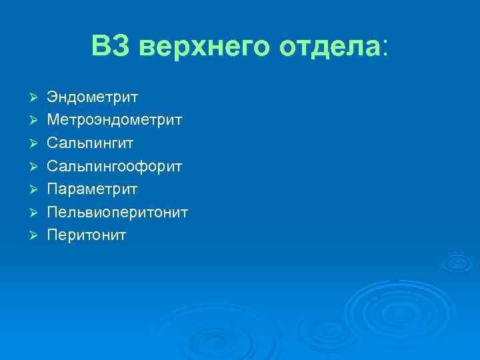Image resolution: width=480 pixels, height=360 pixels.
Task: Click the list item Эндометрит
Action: click(92, 97)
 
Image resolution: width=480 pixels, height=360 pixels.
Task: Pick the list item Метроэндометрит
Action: click(114, 121)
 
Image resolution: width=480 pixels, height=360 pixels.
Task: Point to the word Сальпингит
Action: click(91, 143)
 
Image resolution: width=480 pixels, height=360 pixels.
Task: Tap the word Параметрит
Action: click(92, 189)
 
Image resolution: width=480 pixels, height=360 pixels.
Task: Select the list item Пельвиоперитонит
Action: click(117, 212)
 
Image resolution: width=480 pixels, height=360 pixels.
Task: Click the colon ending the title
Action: click(383, 49)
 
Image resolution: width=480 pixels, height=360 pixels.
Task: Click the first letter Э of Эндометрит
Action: click(52, 97)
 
